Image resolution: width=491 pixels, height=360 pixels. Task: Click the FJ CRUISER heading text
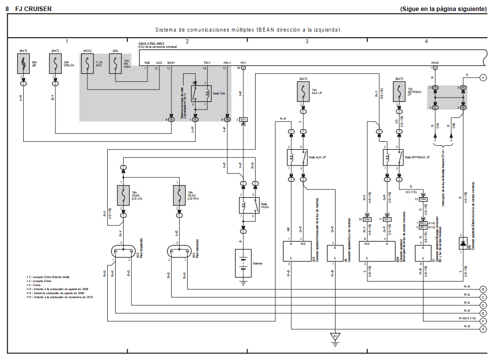tap(34, 9)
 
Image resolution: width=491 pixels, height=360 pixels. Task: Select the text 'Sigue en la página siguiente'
tap(443, 9)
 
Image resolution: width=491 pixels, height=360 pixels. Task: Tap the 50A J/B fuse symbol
tap(23, 64)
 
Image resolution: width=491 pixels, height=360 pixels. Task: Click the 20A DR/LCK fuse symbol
tap(55, 64)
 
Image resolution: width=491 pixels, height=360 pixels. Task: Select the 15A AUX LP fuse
tap(303, 92)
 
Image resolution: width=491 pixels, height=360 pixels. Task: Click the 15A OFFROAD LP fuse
tap(399, 92)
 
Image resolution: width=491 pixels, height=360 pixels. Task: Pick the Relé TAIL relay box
tap(200, 94)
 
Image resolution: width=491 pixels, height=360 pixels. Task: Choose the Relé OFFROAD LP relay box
tap(393, 158)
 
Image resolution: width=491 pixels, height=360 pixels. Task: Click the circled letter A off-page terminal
tap(483, 77)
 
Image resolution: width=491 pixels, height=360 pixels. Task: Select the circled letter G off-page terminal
tap(483, 329)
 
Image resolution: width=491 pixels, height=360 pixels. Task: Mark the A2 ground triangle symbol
tap(335, 336)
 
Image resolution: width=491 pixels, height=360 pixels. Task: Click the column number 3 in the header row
tap(306, 41)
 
